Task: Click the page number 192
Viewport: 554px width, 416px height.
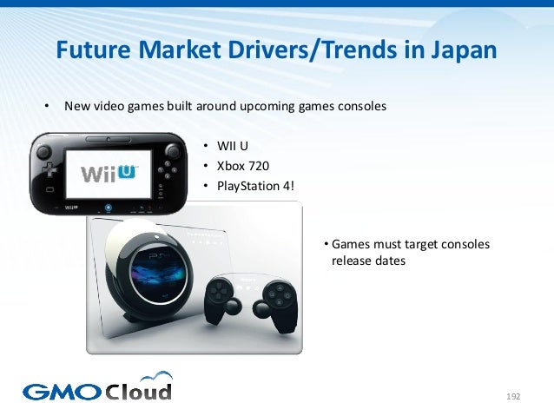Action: click(x=512, y=397)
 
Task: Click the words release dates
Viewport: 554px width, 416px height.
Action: click(x=368, y=260)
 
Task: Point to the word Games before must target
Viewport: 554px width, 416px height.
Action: click(x=349, y=243)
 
